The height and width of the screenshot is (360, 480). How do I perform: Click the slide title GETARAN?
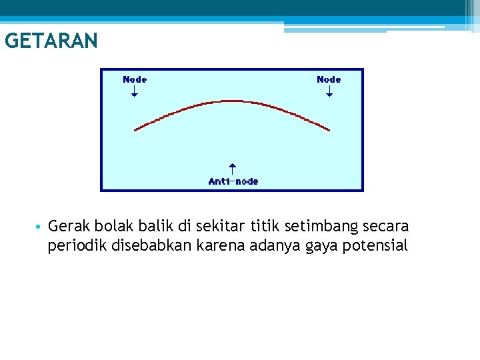pyautogui.click(x=51, y=41)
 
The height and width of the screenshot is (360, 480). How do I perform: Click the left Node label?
pyautogui.click(x=135, y=79)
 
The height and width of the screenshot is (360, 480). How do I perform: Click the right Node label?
pyautogui.click(x=329, y=79)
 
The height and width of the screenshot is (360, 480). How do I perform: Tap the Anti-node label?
pyautogui.click(x=233, y=181)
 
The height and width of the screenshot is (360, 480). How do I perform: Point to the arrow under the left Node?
pyautogui.click(x=135, y=91)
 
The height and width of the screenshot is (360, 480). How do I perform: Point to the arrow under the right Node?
pyautogui.click(x=329, y=91)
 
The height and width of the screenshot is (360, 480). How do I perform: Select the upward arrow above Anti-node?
pyautogui.click(x=232, y=169)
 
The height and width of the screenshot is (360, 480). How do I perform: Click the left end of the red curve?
pyautogui.click(x=135, y=129)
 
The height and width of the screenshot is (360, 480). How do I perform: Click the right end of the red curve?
pyautogui.click(x=329, y=129)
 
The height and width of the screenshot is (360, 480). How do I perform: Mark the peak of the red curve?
pyautogui.click(x=232, y=101)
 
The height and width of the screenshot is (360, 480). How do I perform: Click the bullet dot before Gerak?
pyautogui.click(x=40, y=227)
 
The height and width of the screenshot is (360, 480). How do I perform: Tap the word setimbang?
pyautogui.click(x=325, y=227)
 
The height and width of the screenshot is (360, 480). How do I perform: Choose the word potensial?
pyautogui.click(x=375, y=246)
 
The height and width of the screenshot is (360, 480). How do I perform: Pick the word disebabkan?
pyautogui.click(x=149, y=246)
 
